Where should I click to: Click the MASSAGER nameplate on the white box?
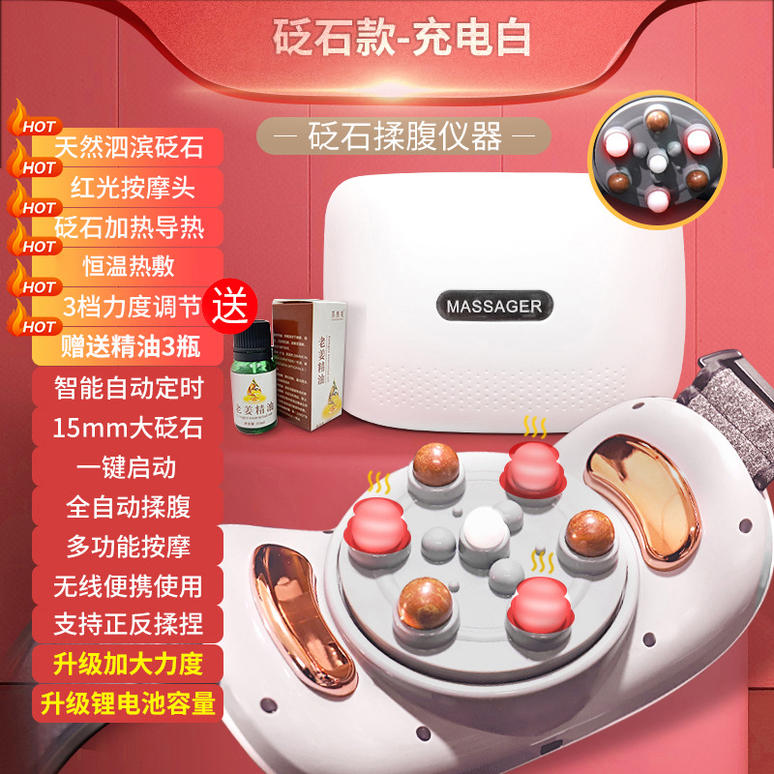coord(493,306)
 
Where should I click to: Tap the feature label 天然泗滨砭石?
coord(129,148)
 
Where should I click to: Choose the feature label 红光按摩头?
coord(129,187)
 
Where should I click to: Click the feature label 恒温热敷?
coord(129,268)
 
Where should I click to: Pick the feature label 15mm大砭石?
coord(129,428)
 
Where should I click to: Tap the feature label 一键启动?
coord(129,466)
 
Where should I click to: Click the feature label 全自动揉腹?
coord(129,506)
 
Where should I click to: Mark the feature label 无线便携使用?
coord(129,585)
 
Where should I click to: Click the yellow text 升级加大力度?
coord(129,665)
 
